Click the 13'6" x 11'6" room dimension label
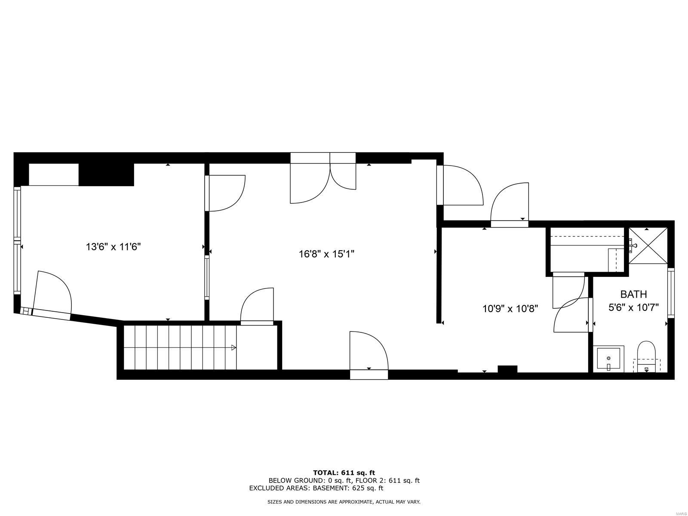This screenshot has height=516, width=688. point(113,247)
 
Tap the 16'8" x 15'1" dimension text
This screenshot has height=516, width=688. point(326,254)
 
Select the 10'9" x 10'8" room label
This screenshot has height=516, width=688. point(510,309)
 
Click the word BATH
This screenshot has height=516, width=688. point(634,294)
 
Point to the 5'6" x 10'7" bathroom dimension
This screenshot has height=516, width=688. point(633,307)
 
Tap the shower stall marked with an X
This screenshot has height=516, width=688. point(648,246)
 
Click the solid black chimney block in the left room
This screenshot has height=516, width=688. point(106,175)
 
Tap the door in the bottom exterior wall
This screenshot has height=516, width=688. point(369,355)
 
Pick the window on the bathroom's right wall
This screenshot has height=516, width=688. point(671,293)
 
